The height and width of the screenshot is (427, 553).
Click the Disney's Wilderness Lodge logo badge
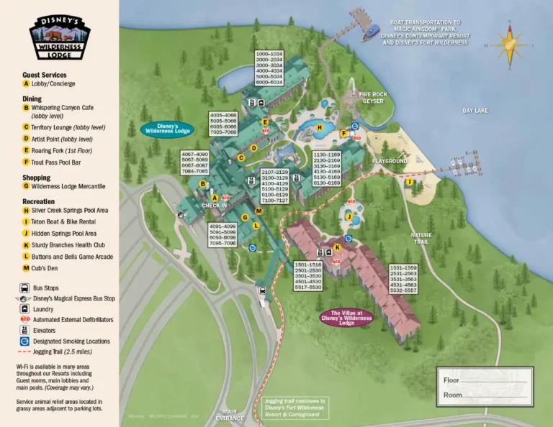tap(60, 35)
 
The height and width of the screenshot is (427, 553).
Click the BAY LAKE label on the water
tap(475, 110)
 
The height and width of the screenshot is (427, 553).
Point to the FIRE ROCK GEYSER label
tap(368, 97)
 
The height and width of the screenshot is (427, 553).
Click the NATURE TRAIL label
tap(421, 239)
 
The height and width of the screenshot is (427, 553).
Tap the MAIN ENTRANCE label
tap(235, 415)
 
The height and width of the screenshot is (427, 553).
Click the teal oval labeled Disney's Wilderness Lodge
tap(167, 129)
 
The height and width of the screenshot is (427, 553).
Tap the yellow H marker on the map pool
tap(319, 129)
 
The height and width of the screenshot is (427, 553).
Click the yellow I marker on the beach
tap(409, 182)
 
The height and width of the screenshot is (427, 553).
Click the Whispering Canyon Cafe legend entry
tap(68, 111)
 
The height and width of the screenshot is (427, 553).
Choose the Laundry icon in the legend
tap(26, 308)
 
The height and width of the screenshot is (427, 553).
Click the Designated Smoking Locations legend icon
tap(26, 341)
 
